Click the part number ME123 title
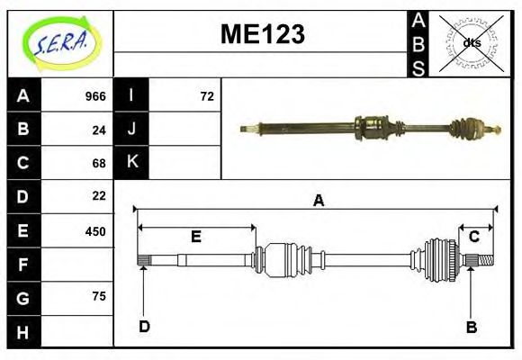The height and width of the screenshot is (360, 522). click(262, 34)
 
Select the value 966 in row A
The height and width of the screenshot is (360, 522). click(95, 96)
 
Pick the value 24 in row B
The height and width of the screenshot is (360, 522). click(99, 130)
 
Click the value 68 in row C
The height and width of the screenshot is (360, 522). click(99, 163)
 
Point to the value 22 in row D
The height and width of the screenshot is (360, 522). click(99, 196)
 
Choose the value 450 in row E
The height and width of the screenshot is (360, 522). click(95, 230)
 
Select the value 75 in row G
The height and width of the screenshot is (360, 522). click(99, 296)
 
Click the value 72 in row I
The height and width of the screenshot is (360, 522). click(207, 96)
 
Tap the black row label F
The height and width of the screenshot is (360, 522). click(22, 264)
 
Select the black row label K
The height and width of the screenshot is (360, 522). click(131, 163)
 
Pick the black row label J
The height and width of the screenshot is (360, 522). click(131, 130)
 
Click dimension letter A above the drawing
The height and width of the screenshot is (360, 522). click(318, 202)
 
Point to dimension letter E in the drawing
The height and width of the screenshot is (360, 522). click(195, 237)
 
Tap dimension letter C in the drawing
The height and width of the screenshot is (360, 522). click(473, 237)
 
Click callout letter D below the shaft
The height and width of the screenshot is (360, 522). click(144, 327)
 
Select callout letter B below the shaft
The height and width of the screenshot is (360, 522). click(471, 327)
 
